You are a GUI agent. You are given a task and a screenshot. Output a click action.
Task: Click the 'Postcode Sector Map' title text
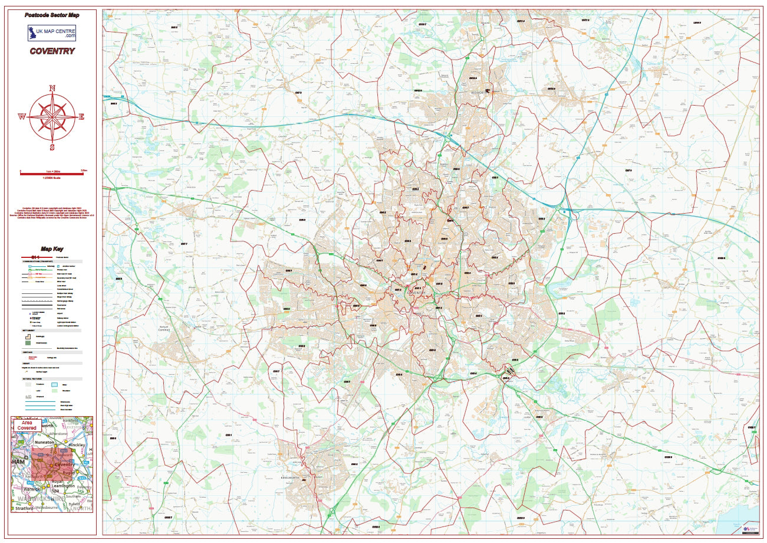point(52,15)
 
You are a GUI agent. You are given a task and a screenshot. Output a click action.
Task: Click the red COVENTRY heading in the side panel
point(52,51)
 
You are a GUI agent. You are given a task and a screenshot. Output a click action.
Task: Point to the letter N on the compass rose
point(52,89)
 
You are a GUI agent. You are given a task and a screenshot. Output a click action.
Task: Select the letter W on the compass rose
point(22,117)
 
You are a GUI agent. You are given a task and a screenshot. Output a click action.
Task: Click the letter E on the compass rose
point(81,117)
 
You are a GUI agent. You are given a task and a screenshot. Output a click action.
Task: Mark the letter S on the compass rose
point(52,148)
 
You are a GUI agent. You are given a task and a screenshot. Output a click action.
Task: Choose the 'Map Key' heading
point(52,249)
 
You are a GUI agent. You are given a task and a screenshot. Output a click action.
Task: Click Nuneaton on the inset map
point(43,441)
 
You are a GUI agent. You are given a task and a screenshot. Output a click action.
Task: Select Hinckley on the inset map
point(77,444)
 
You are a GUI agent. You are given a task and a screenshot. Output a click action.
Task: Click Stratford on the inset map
point(25,508)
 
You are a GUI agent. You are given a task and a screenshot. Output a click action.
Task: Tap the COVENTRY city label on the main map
point(416,293)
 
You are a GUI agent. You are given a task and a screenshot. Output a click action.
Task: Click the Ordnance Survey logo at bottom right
point(750,529)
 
